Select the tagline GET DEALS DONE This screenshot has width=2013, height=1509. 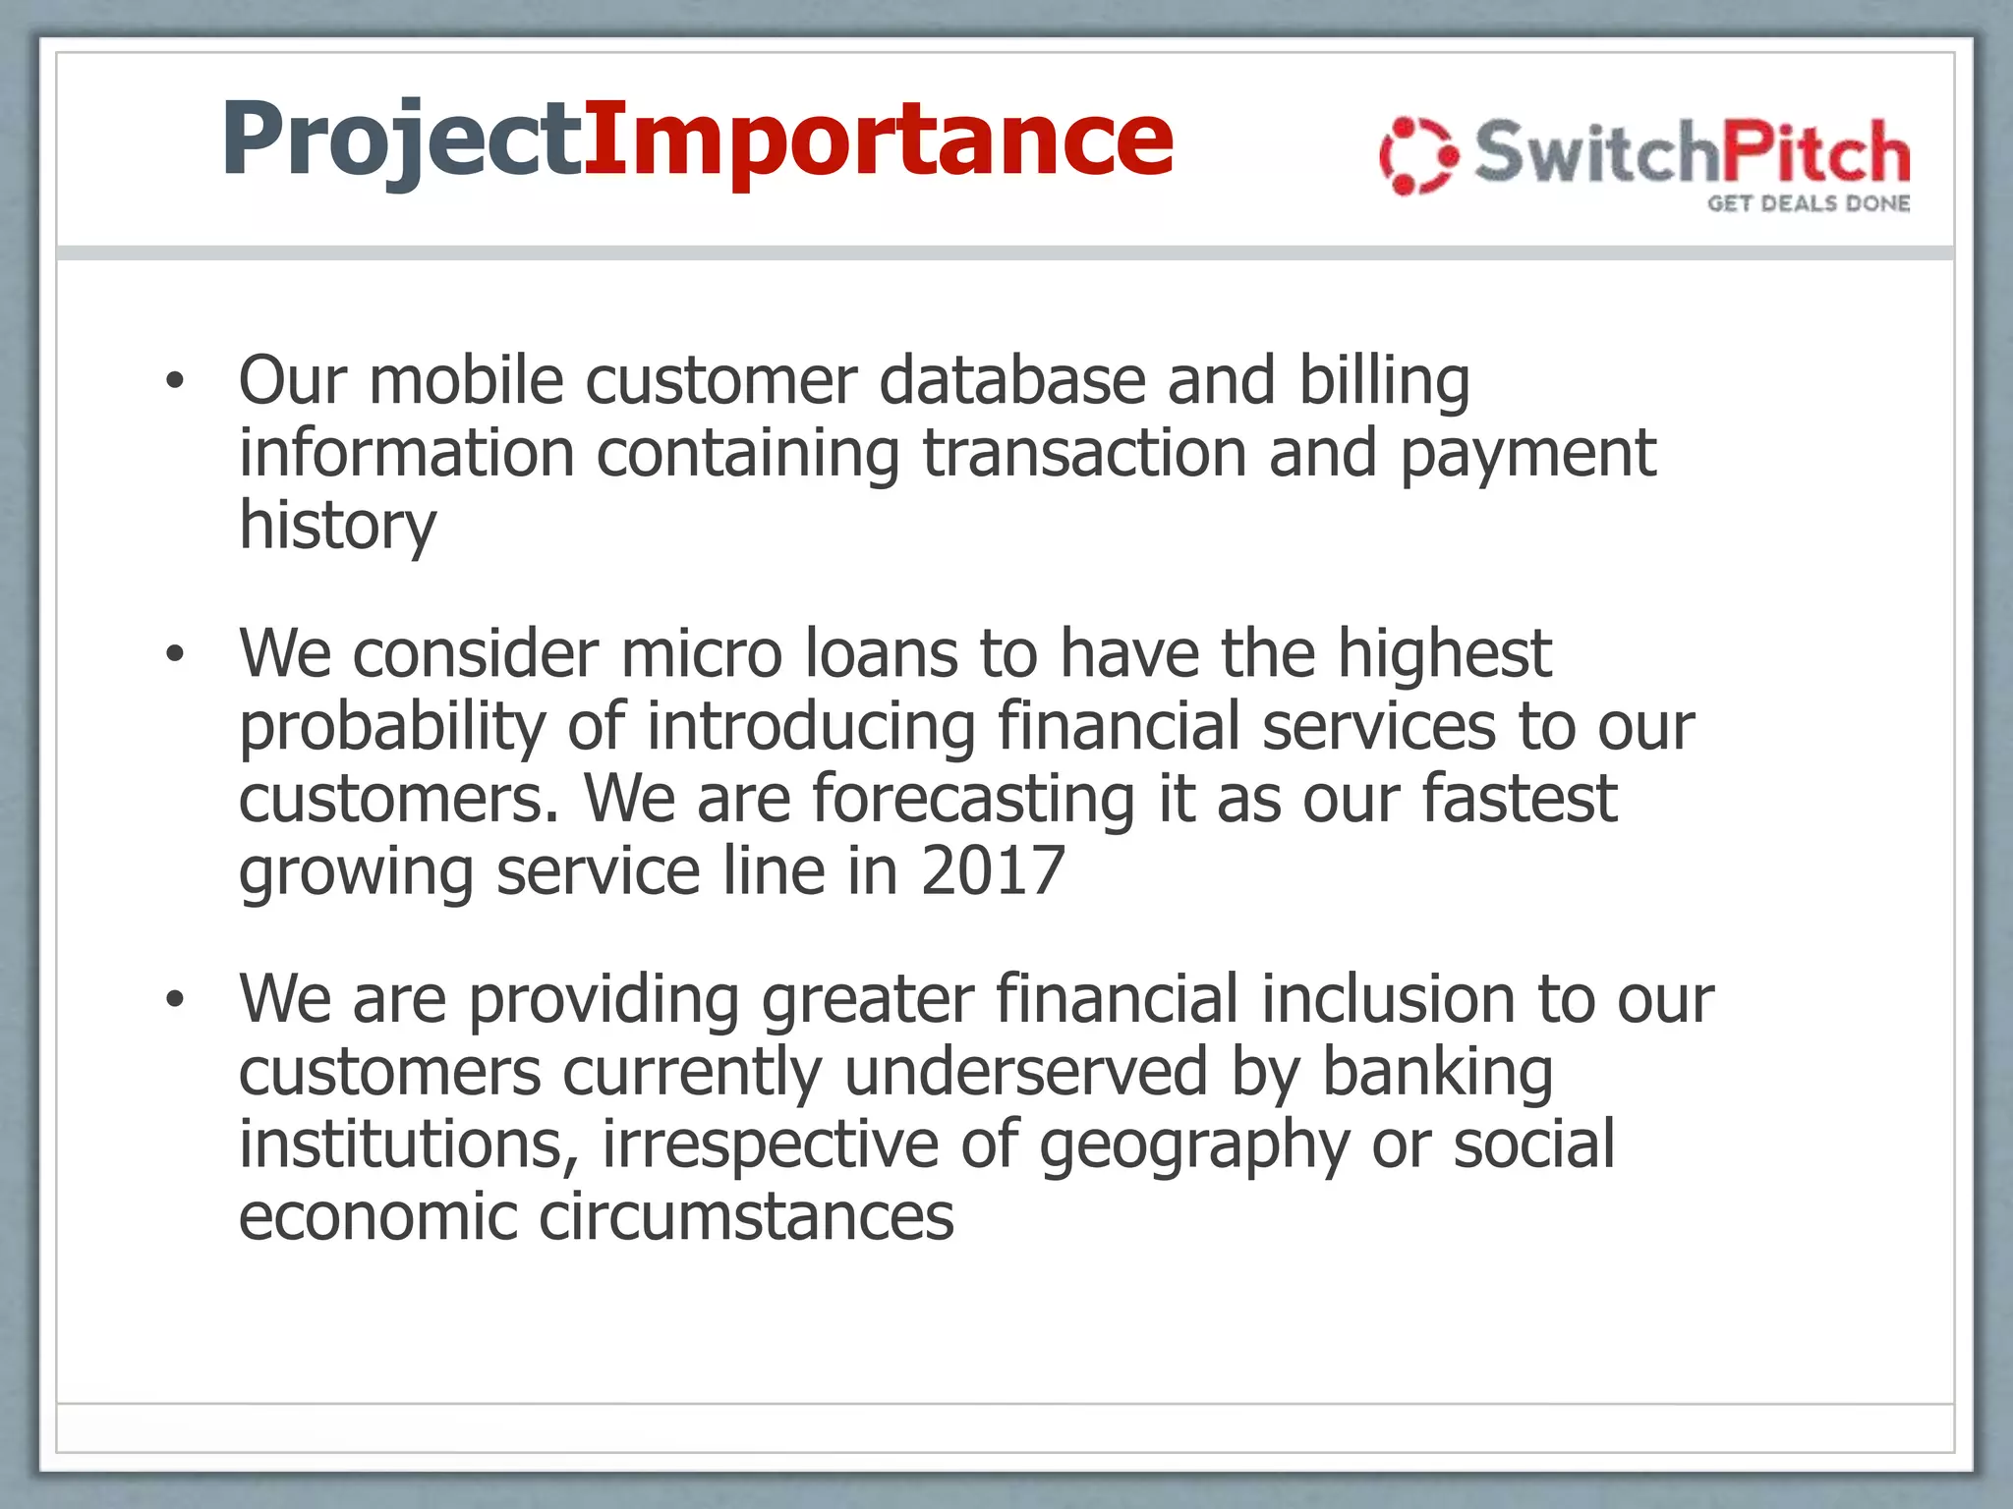[x=1809, y=203]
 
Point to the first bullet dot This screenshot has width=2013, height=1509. [x=175, y=382]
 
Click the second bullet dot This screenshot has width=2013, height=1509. [x=175, y=654]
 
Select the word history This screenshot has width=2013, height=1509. [x=337, y=526]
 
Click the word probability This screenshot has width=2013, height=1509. [x=391, y=727]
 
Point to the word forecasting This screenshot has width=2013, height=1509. [x=973, y=799]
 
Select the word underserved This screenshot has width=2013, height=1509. [x=1025, y=1072]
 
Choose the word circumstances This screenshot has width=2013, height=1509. [x=746, y=1217]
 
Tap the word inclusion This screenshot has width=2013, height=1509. [x=1388, y=999]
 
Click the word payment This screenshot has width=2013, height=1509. [x=1527, y=454]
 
